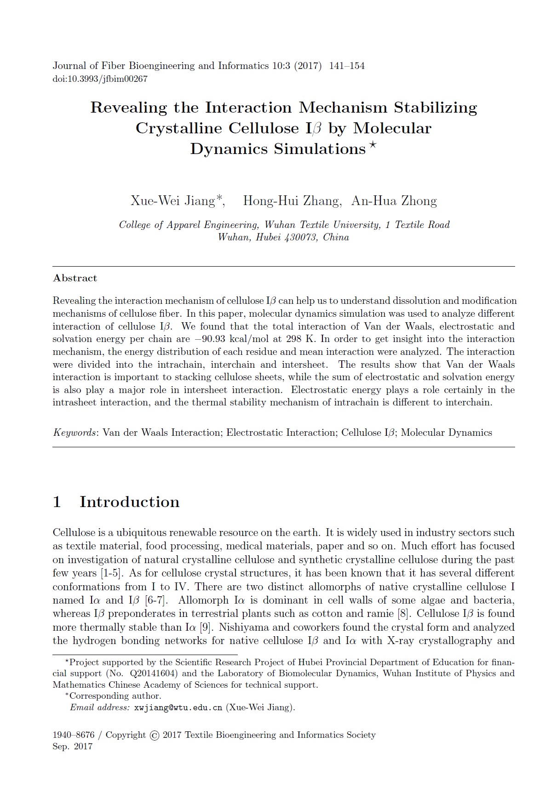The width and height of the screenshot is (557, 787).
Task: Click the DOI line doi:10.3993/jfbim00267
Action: [x=100, y=79]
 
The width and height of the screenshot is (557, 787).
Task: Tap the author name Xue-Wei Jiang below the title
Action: [x=172, y=201]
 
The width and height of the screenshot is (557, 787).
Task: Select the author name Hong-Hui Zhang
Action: [x=291, y=201]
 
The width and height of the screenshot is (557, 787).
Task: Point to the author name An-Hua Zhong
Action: [x=394, y=201]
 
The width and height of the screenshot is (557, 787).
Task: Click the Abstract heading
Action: [x=75, y=278]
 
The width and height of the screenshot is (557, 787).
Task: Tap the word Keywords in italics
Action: [x=74, y=433]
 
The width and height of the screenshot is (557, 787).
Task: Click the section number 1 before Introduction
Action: [x=57, y=502]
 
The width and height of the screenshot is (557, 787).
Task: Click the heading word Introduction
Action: [x=129, y=502]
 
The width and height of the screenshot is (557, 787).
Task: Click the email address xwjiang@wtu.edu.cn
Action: [x=178, y=707]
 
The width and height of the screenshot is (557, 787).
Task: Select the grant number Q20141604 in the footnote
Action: [x=155, y=673]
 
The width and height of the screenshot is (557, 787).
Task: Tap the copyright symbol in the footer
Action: [x=155, y=736]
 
